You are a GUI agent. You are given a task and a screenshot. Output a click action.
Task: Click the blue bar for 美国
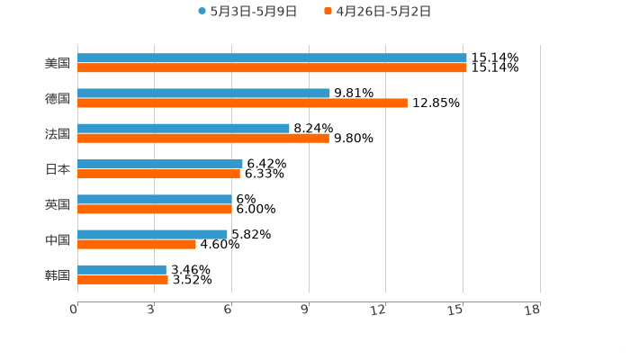coord(272,58)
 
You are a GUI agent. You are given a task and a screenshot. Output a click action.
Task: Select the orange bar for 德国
coord(242,103)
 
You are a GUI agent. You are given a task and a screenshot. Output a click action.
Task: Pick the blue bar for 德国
coord(203,93)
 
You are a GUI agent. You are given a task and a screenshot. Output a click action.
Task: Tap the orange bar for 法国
coord(203,138)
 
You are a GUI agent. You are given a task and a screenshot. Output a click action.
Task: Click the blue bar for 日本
coord(160,164)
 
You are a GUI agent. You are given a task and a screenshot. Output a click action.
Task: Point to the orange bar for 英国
coord(155,209)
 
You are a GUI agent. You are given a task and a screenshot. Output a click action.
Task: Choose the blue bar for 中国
coord(152,234)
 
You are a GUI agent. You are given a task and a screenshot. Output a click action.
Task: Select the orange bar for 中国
coord(137,244)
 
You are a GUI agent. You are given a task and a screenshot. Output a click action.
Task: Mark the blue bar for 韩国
coord(121,269)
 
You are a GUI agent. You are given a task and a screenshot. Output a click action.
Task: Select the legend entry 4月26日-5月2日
coord(382,12)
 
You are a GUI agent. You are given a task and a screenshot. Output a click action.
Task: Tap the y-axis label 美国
coord(58,63)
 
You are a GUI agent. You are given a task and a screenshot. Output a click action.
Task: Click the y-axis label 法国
coord(58,133)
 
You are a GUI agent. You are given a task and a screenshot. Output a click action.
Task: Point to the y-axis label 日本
coord(58,168)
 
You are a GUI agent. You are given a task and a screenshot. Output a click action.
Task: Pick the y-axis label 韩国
coord(58,274)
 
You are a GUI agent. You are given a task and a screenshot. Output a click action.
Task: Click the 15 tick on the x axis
coord(458,310)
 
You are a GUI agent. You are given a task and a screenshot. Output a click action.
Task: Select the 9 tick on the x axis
coord(306,310)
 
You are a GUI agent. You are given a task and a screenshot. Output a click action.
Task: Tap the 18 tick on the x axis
coord(534,310)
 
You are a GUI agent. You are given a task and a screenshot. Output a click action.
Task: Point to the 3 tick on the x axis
coord(151,310)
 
